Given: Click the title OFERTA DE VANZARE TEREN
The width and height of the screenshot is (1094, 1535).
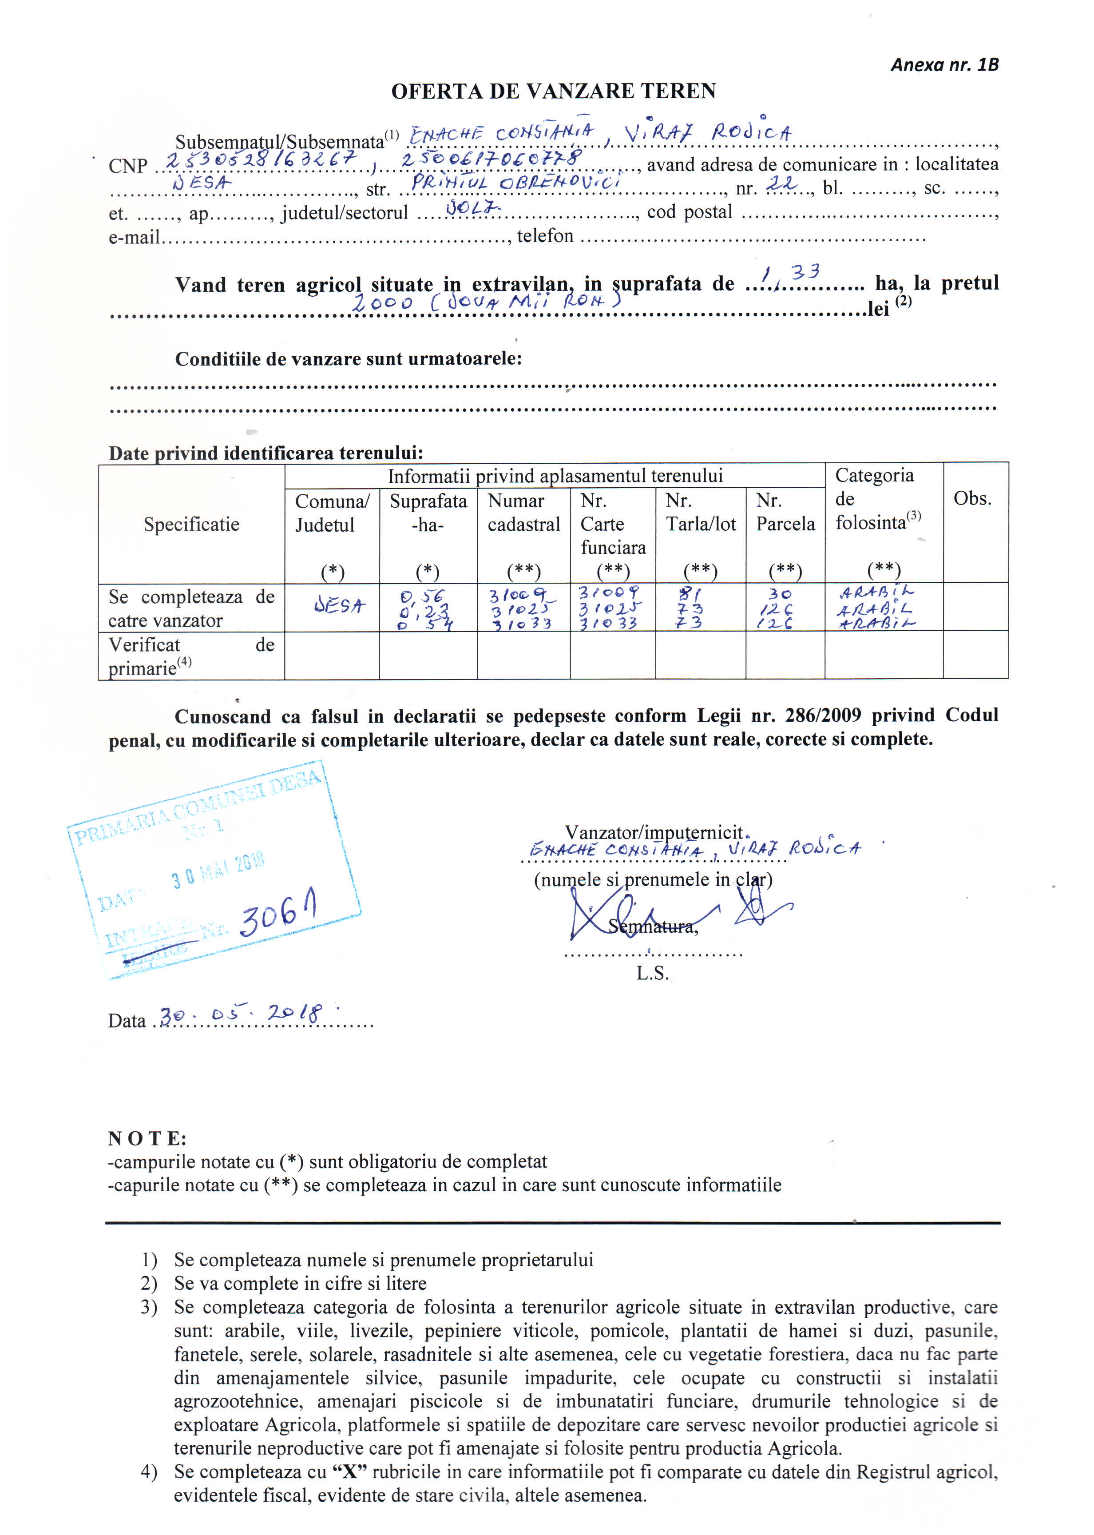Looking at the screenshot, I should tap(553, 91).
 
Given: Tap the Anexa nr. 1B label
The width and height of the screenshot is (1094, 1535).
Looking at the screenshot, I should tap(944, 65).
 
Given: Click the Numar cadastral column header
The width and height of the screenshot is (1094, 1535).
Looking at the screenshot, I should tap(523, 513).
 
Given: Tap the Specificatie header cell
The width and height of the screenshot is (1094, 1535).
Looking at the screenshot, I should tap(191, 524).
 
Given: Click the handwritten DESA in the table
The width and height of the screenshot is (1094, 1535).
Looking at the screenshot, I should tap(340, 606).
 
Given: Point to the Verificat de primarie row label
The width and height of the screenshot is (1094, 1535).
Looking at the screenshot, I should tap(191, 656).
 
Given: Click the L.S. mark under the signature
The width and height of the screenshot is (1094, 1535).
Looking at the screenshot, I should tap(652, 973).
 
